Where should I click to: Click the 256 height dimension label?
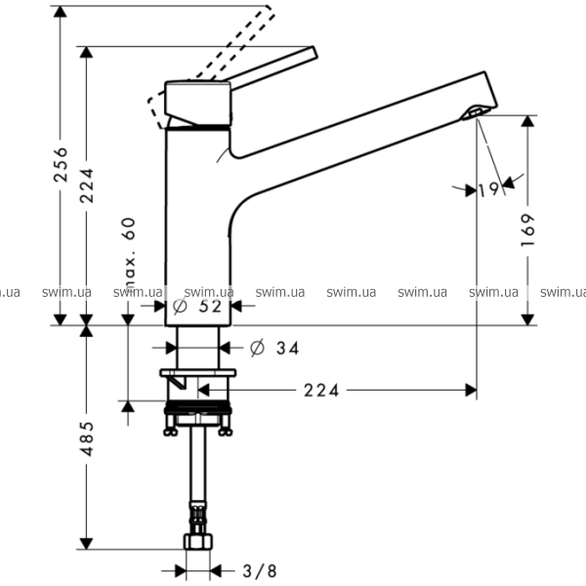click(x=61, y=164)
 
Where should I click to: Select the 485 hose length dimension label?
click(x=87, y=439)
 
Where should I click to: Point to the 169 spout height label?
click(x=527, y=230)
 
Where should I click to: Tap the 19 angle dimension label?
click(x=489, y=189)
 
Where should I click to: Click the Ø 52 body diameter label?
click(x=197, y=307)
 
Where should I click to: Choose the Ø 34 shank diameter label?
click(x=274, y=349)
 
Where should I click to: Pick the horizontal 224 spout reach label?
click(x=321, y=391)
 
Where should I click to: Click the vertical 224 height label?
click(x=87, y=186)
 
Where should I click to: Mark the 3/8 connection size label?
click(x=260, y=571)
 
